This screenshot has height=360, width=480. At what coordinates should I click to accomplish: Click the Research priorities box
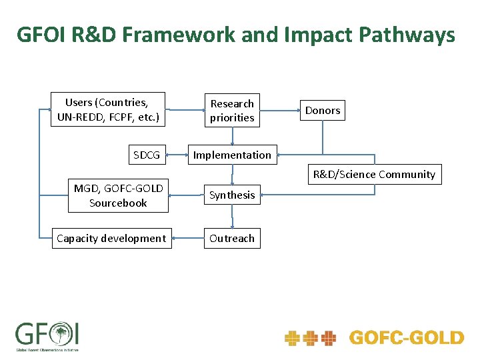click(232, 111)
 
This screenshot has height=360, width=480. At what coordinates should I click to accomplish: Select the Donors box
click(323, 111)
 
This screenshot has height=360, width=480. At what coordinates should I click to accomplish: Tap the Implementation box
click(232, 155)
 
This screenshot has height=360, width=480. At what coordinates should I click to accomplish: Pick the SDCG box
click(147, 155)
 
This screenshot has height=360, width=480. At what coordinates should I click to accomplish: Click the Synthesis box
click(232, 195)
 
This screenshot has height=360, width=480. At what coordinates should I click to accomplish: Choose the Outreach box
click(232, 238)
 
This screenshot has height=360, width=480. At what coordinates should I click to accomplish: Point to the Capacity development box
click(111, 238)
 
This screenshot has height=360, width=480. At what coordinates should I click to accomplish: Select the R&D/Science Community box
click(374, 175)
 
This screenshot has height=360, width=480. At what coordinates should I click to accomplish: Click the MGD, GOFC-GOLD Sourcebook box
click(118, 195)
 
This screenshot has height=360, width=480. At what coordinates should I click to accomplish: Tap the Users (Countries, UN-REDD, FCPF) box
click(108, 109)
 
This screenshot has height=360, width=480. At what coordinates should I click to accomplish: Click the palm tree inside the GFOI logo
click(62, 332)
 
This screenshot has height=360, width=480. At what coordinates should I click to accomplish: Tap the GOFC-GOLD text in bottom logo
click(406, 338)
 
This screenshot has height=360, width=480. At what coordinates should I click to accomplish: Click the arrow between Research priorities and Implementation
click(232, 136)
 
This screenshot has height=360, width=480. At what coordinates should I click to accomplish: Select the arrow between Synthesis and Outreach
click(232, 217)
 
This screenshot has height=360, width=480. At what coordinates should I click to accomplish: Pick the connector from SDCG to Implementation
click(177, 155)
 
